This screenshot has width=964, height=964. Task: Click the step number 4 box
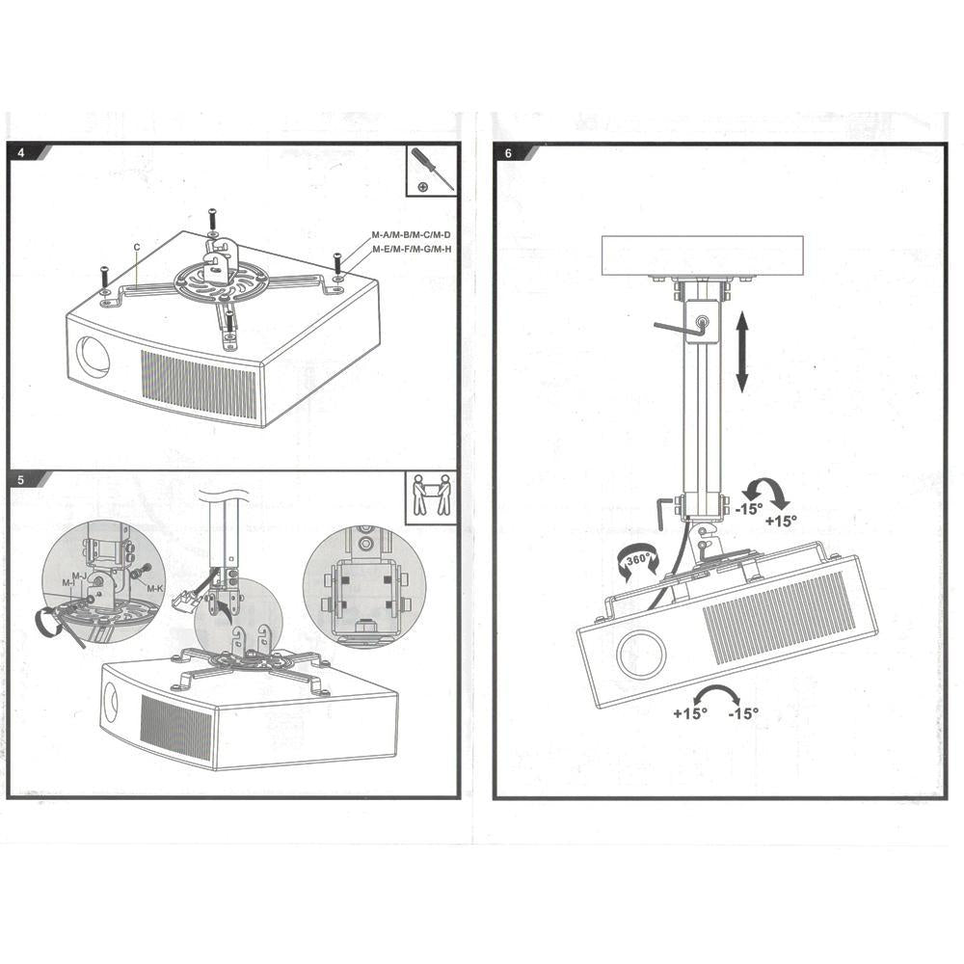point(20,152)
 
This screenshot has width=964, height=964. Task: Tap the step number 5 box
point(20,478)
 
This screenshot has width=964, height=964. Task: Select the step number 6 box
point(507,152)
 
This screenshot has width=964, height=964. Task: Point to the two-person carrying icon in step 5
point(430,497)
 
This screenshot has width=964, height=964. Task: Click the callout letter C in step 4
point(138,248)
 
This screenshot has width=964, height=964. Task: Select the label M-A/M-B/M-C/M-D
point(411,235)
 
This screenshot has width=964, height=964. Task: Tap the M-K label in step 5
point(154,587)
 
